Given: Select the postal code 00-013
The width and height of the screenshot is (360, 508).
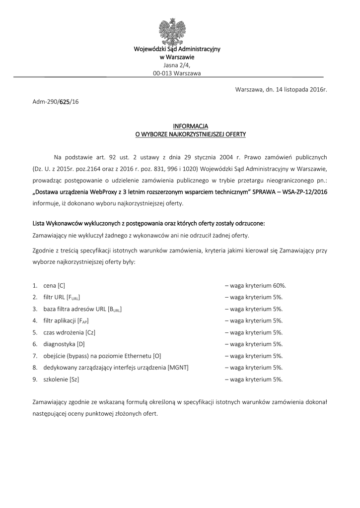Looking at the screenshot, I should (x=162, y=73).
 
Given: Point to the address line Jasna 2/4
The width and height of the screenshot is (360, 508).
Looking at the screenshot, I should (x=177, y=65).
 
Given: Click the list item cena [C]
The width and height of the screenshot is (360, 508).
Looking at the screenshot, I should (x=54, y=285).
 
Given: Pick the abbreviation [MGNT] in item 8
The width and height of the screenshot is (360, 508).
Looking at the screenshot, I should (x=178, y=368).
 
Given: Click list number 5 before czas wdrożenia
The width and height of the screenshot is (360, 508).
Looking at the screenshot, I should (x=35, y=332).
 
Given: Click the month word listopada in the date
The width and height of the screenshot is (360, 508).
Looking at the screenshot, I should (x=292, y=89).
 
